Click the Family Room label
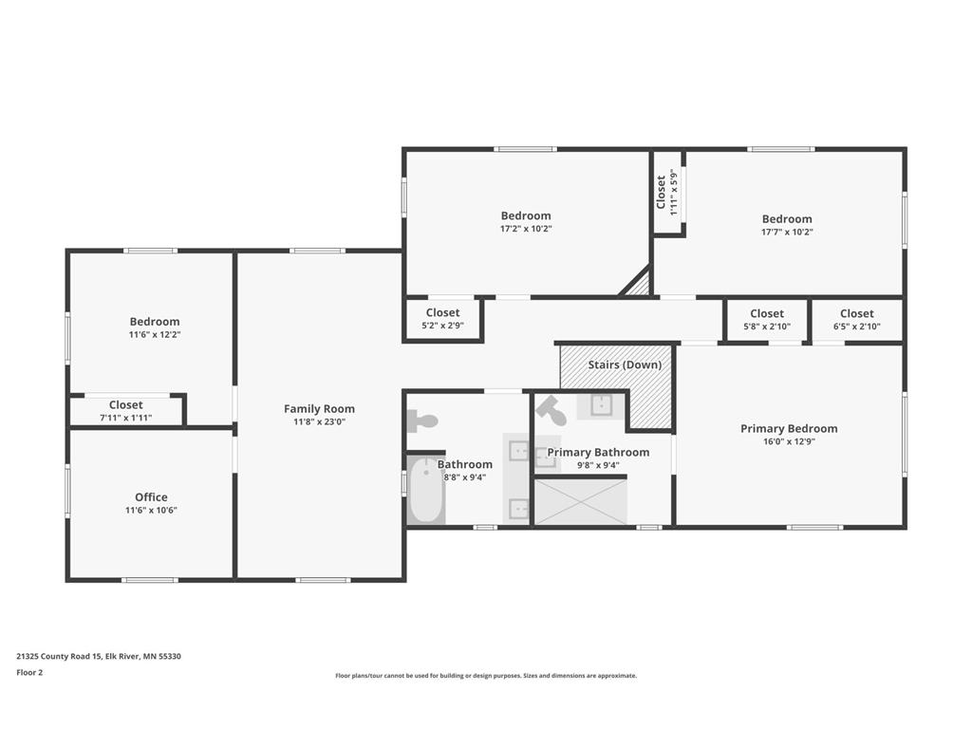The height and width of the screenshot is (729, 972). [319, 408]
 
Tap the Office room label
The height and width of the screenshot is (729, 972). [151, 497]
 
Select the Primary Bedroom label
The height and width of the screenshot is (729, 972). [789, 428]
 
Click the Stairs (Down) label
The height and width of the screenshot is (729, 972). [625, 364]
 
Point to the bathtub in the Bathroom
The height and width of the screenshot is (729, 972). [426, 491]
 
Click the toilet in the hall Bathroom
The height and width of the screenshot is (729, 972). [422, 421]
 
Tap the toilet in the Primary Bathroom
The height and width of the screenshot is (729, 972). [551, 411]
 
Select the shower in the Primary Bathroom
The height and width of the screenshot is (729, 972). [581, 501]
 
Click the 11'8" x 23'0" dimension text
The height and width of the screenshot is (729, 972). [319, 422]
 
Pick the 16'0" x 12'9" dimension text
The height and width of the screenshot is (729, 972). [789, 442]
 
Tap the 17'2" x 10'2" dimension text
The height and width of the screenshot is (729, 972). [526, 229]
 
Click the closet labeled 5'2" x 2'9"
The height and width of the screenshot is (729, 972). [442, 319]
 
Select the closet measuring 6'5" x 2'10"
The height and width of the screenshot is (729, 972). [857, 320]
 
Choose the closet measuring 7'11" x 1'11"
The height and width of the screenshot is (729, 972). [126, 411]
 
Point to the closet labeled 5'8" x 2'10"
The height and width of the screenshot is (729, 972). [767, 320]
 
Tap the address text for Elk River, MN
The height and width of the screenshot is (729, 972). [99, 656]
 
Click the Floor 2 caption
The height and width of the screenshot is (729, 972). [29, 672]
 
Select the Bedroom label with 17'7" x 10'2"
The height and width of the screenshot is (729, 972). [787, 219]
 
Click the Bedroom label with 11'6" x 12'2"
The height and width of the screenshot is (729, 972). [155, 321]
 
